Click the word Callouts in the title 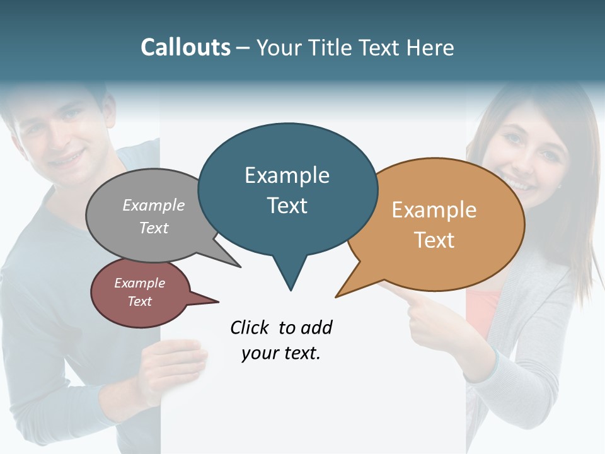click(x=185, y=47)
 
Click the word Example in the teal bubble click(x=287, y=175)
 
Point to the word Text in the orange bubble click(x=434, y=240)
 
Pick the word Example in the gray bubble click(x=154, y=205)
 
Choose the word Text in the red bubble click(x=140, y=301)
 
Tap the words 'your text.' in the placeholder click(x=281, y=353)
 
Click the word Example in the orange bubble click(x=434, y=210)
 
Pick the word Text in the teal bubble click(x=287, y=206)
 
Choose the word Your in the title click(x=280, y=47)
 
